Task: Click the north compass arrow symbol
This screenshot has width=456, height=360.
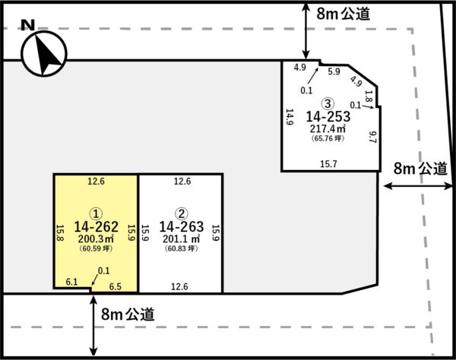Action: (x=44, y=54)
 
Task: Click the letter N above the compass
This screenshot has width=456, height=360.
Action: (x=28, y=25)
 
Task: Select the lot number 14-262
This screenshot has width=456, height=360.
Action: (x=97, y=226)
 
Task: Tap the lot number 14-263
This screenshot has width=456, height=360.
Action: (x=182, y=226)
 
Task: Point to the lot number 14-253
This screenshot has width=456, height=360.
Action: (x=328, y=116)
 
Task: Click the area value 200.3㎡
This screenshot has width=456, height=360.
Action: (x=96, y=238)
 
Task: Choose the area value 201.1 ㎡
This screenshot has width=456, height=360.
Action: (x=182, y=238)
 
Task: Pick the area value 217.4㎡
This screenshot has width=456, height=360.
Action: (x=328, y=128)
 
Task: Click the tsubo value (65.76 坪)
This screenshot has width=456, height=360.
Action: (x=328, y=138)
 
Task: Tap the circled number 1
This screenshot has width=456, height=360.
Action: (x=96, y=214)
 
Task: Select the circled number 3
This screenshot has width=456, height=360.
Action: (x=328, y=104)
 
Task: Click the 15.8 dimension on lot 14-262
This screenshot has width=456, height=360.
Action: (x=59, y=232)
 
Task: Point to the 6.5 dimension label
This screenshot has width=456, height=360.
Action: (x=116, y=287)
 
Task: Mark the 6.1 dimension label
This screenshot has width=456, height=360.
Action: (x=71, y=282)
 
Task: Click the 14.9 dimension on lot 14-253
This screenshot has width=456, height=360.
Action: (x=290, y=117)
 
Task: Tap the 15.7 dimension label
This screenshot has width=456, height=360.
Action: (x=328, y=164)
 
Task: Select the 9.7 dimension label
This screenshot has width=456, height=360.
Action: (x=372, y=137)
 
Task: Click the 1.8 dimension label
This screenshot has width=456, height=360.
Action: (x=369, y=96)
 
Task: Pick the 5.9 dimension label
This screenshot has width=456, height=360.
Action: (x=334, y=71)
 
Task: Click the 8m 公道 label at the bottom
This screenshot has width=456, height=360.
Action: (x=128, y=314)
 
